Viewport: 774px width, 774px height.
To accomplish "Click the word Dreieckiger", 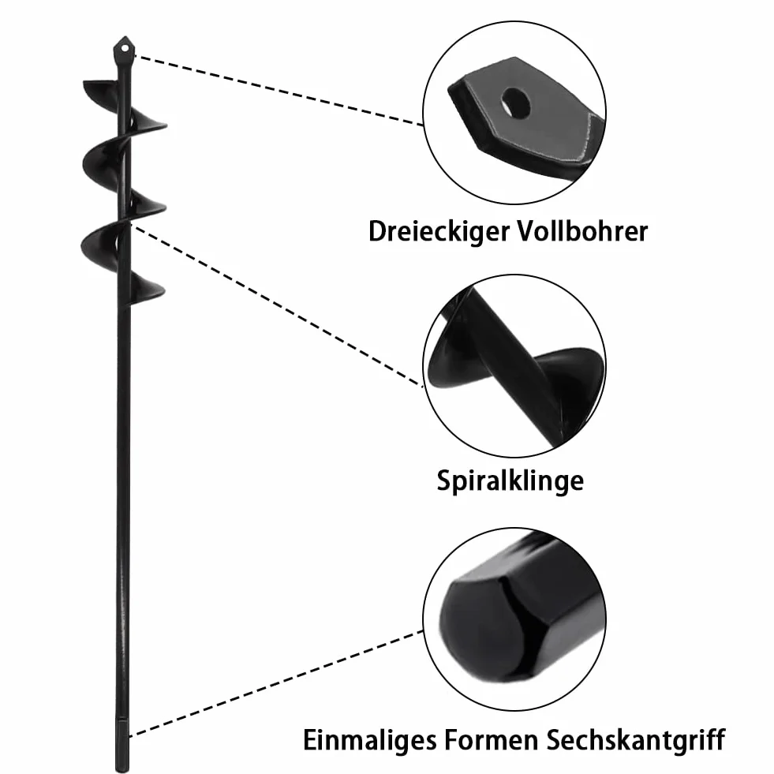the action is point(439,231).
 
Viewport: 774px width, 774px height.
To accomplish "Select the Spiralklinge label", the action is point(510,480).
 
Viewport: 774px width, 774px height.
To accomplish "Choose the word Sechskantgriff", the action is point(636,740).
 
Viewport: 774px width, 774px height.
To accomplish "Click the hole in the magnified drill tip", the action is point(515,103).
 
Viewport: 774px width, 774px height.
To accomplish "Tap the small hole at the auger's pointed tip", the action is point(125,48).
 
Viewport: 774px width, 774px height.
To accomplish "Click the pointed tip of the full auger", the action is point(125,36).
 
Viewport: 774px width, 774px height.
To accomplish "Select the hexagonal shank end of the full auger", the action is point(122,748).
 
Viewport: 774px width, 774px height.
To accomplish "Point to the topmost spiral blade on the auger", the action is point(101,90).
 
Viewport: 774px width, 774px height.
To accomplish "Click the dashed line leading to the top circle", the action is point(279,90).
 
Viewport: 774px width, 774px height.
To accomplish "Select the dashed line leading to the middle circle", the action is point(276,305).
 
